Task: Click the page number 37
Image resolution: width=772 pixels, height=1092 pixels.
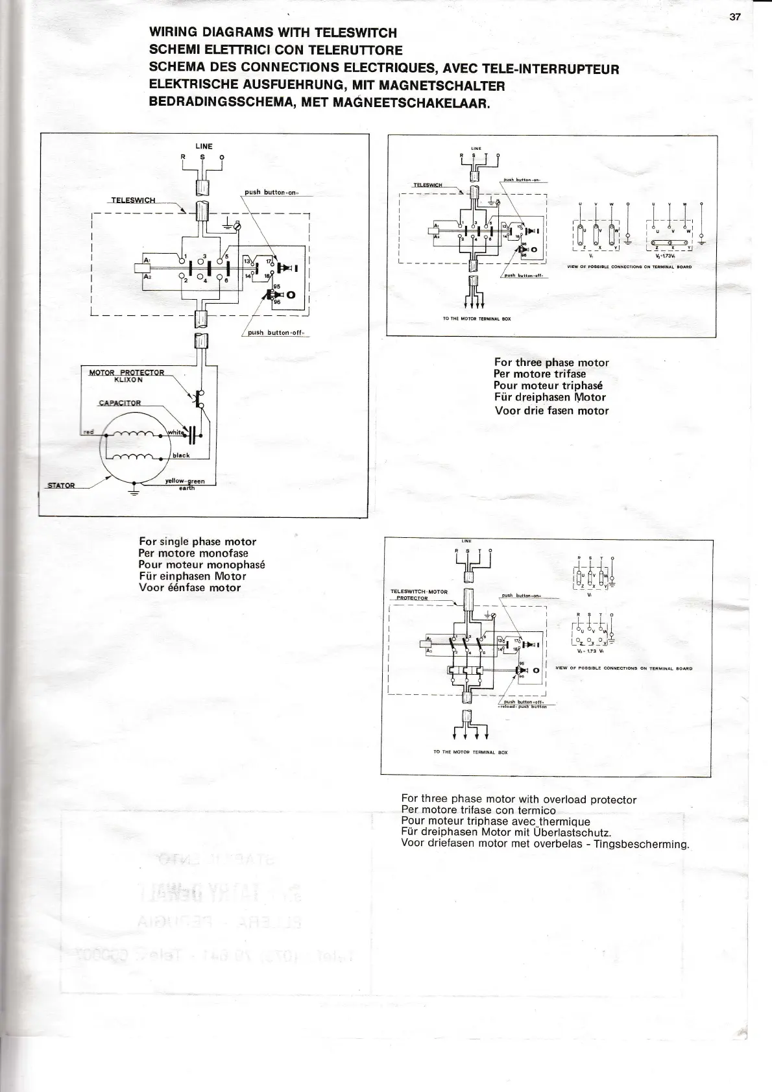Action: (734, 18)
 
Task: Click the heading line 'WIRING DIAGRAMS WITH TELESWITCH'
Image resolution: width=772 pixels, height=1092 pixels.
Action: (272, 32)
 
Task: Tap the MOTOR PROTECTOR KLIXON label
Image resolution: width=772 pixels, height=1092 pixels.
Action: (127, 376)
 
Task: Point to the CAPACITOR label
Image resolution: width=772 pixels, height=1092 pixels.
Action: (119, 403)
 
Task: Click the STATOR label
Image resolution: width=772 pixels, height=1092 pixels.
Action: (61, 485)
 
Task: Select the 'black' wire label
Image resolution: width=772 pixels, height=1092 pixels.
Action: (181, 455)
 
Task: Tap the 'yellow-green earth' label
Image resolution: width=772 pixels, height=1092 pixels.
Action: (186, 484)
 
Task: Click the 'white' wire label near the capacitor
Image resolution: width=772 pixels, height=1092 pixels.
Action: (176, 432)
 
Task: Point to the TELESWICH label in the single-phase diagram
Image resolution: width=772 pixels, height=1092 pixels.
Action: (133, 200)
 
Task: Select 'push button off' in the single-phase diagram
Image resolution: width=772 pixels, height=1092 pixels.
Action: (276, 334)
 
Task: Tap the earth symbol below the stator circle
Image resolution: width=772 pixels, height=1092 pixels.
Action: (134, 491)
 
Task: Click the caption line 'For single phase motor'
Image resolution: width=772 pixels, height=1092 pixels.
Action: (197, 542)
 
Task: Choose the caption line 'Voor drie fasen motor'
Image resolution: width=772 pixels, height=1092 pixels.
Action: (551, 410)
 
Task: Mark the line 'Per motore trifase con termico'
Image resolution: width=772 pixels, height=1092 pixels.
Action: (478, 810)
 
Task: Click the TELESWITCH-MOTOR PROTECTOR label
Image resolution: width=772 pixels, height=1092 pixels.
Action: (418, 594)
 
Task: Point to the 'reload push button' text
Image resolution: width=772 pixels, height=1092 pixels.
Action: (523, 707)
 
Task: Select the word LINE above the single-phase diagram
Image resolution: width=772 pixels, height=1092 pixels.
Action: (204, 147)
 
